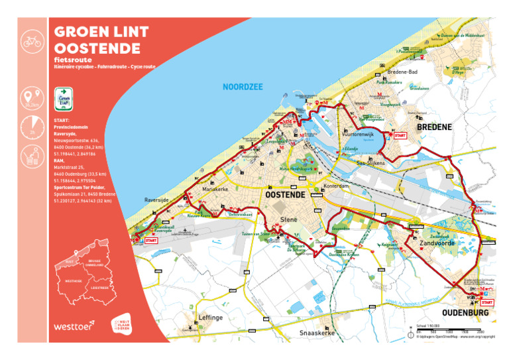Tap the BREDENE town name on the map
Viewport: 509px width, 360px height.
[434, 127]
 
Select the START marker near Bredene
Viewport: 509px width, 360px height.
[400, 135]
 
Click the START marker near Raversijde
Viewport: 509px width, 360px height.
[150, 241]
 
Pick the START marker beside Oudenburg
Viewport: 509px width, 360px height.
[486, 302]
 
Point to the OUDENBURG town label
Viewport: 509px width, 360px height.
[466, 312]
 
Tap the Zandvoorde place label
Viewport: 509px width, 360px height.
[436, 245]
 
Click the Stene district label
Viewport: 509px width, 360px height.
[289, 219]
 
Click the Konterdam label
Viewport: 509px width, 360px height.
[335, 186]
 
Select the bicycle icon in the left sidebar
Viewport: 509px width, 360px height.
[32, 41]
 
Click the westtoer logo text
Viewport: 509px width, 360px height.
[73, 326]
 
